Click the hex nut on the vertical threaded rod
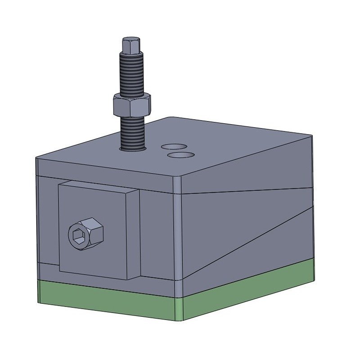pyautogui.click(x=131, y=104)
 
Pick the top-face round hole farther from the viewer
pyautogui.click(x=175, y=146)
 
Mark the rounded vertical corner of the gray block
pyautogui.click(x=178, y=225)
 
